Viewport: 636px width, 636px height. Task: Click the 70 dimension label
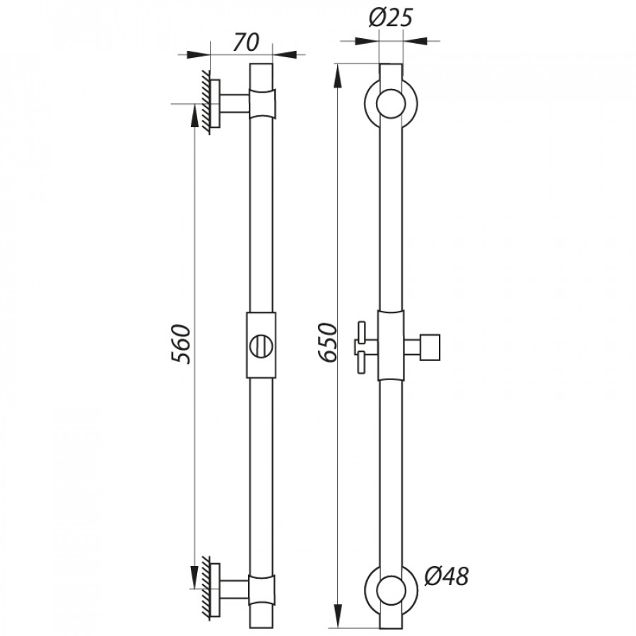tap(246, 42)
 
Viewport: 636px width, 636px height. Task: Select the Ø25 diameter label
tap(391, 18)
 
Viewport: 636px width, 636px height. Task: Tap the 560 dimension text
tap(181, 344)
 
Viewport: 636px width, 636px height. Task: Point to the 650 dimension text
tap(328, 342)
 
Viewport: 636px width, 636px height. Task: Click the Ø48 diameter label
tap(447, 576)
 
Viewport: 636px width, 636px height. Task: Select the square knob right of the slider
tap(430, 347)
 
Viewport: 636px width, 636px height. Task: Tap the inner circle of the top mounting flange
tap(391, 104)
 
